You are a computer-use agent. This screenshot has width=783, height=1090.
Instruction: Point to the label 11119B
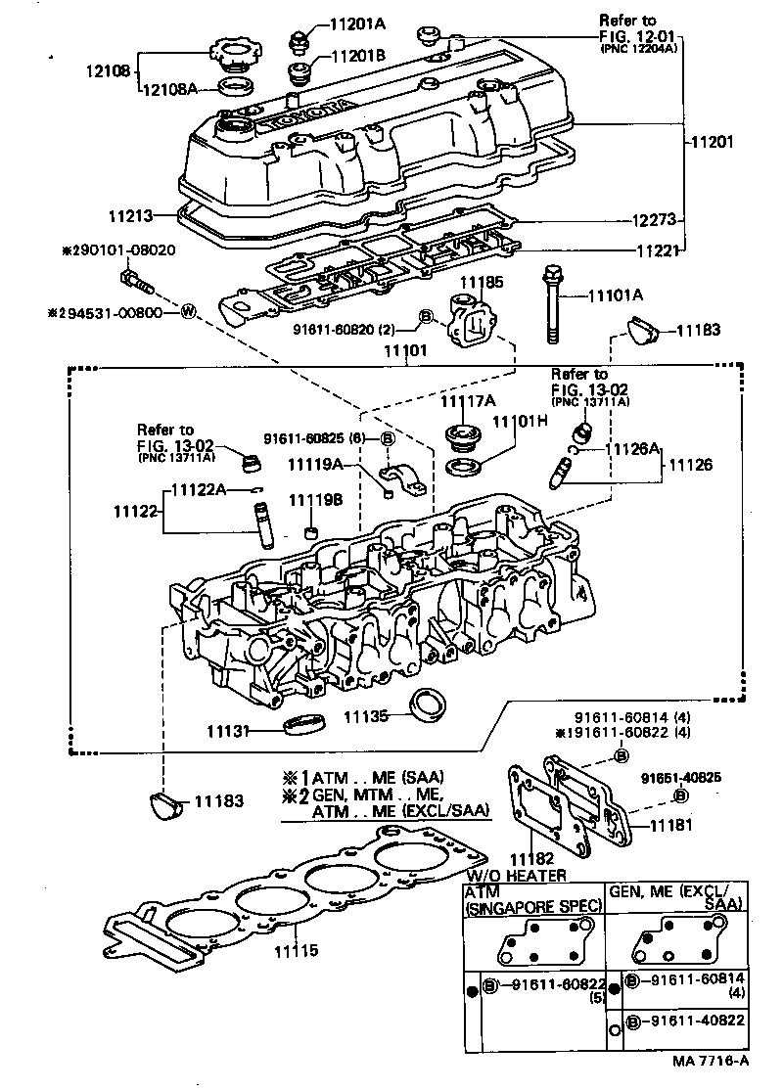[315, 499]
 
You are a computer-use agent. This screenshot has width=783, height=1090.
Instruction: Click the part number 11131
[227, 730]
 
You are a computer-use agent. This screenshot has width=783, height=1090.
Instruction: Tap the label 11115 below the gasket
[295, 949]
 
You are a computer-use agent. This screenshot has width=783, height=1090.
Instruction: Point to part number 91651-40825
[681, 777]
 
